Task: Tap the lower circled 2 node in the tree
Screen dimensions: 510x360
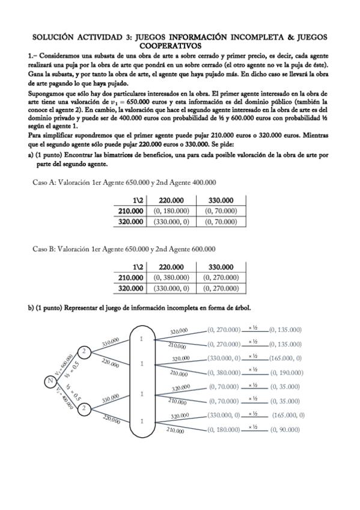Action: (85, 408)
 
